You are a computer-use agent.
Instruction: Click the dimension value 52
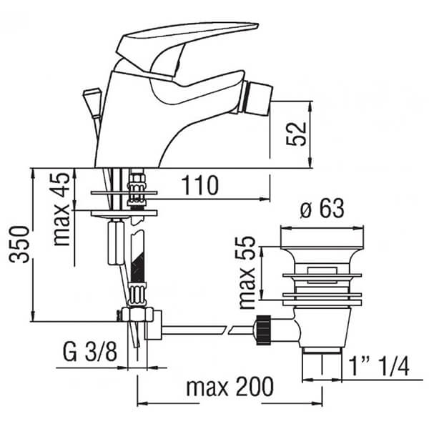[x=296, y=134]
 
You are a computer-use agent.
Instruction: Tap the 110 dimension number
[x=200, y=185]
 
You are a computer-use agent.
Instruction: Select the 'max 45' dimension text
[x=61, y=209]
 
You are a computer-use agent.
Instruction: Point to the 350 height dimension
[x=19, y=245]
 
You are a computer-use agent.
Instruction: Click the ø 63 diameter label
[x=322, y=209]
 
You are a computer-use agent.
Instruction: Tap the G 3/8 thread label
[x=90, y=352]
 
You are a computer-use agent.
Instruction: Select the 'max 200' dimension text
[x=230, y=386]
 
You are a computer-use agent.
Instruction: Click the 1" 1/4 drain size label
[x=379, y=366]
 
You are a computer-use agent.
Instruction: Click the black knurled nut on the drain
[x=263, y=330]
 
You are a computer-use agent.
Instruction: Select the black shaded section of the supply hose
[x=137, y=268]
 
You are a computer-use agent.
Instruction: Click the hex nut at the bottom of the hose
[x=137, y=314]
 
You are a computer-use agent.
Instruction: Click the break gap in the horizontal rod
[x=227, y=330]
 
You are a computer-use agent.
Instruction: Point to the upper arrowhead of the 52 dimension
[x=311, y=106]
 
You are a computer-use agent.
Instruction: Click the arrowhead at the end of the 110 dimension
[x=265, y=199]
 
